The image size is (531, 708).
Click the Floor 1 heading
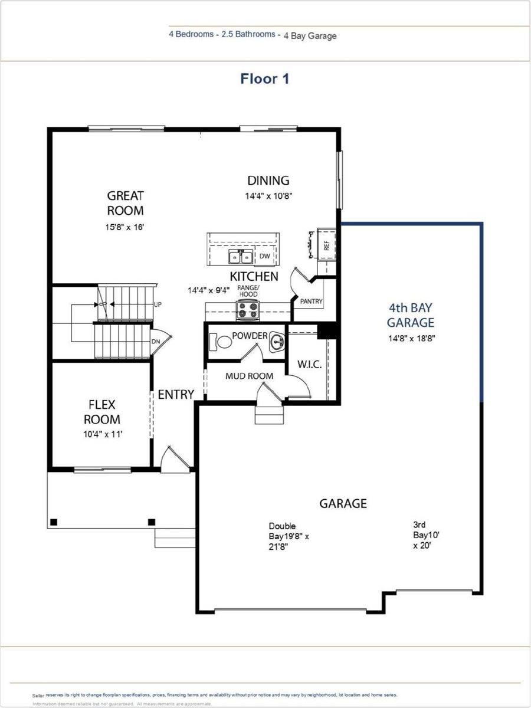coord(265,78)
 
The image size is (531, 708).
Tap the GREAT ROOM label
coord(125,202)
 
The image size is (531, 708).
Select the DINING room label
coord(268,181)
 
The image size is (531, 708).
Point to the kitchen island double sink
coord(241,257)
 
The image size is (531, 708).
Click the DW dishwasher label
coord(265,256)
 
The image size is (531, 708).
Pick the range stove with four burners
coord(248,310)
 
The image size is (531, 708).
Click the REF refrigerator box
coord(326,243)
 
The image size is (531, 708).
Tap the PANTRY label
coord(311,301)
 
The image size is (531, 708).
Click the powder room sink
coord(277,342)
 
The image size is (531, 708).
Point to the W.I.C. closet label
coord(309,365)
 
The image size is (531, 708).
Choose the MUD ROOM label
coord(250,376)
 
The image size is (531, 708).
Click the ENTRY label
coord(176,394)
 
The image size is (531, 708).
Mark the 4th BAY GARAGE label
coord(411,315)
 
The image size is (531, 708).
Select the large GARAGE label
coord(343,503)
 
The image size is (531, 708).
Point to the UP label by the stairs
coord(158,305)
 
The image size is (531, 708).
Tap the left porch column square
coord(54,522)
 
